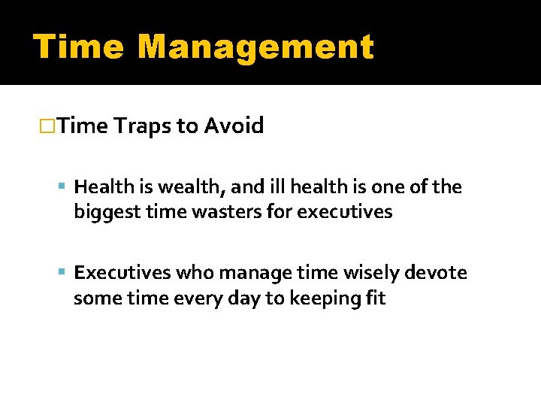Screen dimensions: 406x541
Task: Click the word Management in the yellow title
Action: (255, 47)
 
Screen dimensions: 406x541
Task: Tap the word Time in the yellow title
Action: (80, 47)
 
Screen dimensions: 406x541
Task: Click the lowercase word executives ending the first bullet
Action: (345, 212)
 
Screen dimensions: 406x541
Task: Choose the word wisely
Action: (358, 273)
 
